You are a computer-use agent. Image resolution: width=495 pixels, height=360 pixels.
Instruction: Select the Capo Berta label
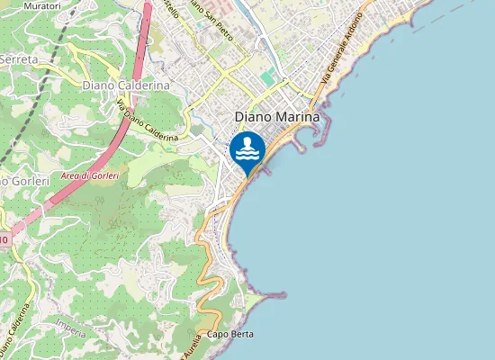pos(229,334)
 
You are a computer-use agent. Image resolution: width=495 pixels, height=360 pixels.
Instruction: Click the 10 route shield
pos(4,239)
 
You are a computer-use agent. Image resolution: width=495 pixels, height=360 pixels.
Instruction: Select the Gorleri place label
pos(18,181)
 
